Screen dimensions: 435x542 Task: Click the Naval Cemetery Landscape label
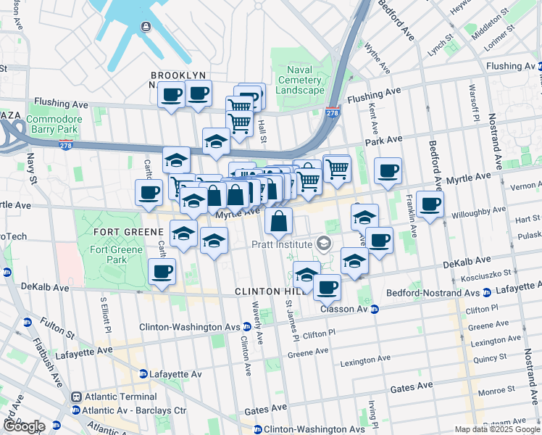pyautogui.click(x=300, y=80)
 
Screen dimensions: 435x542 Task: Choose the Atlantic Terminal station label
pyautogui.click(x=120, y=397)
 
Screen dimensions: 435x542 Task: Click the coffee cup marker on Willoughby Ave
pyautogui.click(x=430, y=204)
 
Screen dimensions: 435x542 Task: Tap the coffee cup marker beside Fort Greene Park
pyautogui.click(x=162, y=272)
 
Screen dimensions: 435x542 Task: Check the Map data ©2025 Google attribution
pyautogui.click(x=497, y=429)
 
